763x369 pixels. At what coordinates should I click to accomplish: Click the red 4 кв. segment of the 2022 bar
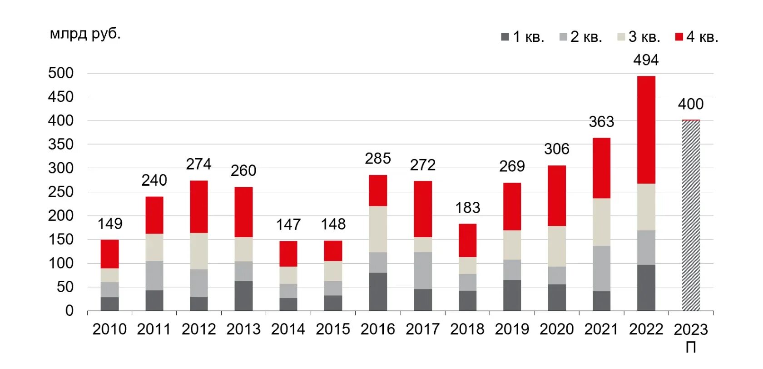[x=646, y=130]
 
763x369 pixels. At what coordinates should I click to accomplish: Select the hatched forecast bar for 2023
[x=690, y=216]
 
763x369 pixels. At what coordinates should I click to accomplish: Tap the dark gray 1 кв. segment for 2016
[x=378, y=291]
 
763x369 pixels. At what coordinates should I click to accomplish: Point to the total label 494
[x=646, y=60]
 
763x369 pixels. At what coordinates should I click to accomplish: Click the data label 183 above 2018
[x=467, y=208]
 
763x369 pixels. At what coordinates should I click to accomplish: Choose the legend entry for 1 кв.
[x=523, y=37]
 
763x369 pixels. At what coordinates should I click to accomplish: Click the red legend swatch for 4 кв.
[x=679, y=37]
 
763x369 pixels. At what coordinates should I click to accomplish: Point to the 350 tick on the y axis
[x=60, y=145]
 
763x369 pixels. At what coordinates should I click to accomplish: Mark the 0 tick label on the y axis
[x=69, y=311]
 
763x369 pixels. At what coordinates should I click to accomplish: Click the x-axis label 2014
[x=288, y=329]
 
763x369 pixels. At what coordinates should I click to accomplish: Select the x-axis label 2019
[x=512, y=329]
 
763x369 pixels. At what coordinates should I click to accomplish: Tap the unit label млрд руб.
[x=85, y=34]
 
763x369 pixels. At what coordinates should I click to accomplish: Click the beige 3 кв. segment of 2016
[x=378, y=229]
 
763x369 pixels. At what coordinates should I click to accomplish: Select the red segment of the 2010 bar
[x=109, y=254]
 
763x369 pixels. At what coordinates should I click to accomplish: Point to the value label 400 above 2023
[x=690, y=104]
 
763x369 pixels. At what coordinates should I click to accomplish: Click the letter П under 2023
[x=690, y=348]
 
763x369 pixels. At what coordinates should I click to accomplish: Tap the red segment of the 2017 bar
[x=422, y=209]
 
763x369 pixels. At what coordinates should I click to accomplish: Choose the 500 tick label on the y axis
[x=60, y=73]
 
